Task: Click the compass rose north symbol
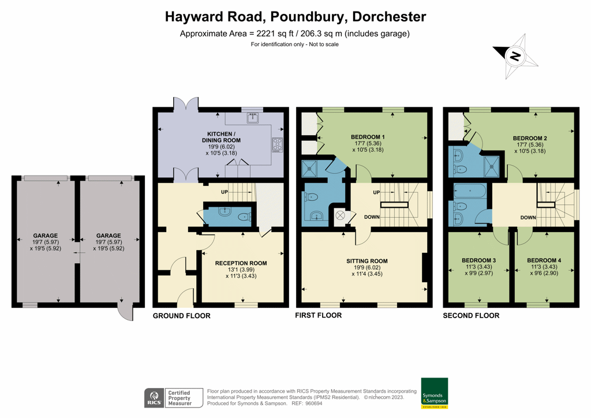coord(515,57)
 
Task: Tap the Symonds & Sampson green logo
coord(434,393)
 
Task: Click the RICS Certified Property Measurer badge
coord(173,397)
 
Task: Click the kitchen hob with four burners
coord(278,144)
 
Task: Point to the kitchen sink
coord(253,118)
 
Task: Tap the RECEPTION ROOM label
coord(241,263)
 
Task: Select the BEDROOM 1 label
coord(368,137)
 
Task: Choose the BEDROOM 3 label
coord(478,260)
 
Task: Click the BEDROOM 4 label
coord(544,260)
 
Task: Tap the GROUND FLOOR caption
coord(181,316)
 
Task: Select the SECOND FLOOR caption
coord(471,316)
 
